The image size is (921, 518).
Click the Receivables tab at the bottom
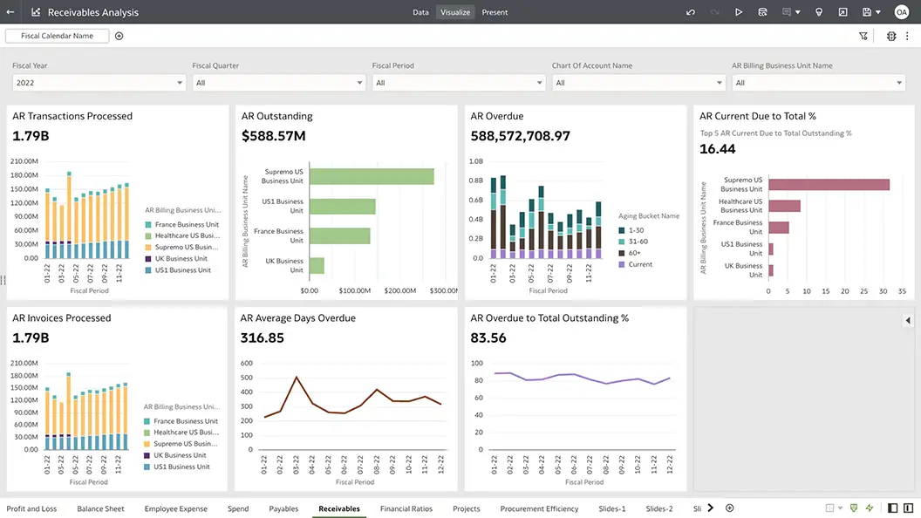[338, 508]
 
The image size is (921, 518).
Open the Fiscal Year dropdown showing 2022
[99, 83]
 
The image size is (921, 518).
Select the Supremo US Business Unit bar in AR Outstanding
[372, 176]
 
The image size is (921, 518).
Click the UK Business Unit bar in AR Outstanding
[317, 265]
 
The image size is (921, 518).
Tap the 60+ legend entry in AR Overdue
[635, 253]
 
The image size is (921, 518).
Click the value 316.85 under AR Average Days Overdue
[262, 337]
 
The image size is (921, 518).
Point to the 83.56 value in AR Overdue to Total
[488, 337]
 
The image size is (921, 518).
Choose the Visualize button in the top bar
[455, 12]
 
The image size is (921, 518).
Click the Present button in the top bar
[495, 12]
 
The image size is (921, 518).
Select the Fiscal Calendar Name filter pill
[57, 36]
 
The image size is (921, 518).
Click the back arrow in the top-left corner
[10, 12]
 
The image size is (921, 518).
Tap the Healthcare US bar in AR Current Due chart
[784, 206]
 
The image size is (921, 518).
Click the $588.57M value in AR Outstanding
[273, 136]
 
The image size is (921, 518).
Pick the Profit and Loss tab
[31, 508]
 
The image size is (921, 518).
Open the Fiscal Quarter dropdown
[278, 83]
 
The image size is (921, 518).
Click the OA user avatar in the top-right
[901, 12]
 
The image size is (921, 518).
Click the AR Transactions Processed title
[72, 116]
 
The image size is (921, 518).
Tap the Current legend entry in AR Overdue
[640, 264]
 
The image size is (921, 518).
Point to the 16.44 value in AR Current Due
[718, 149]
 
